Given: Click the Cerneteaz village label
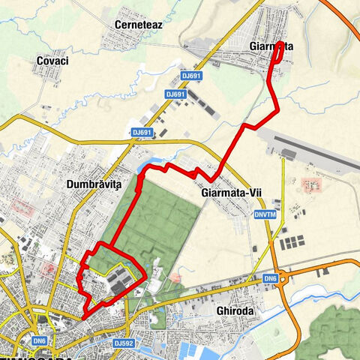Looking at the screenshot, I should point(139,25).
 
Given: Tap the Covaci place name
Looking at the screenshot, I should point(52,61).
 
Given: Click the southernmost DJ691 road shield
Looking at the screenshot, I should point(142,132).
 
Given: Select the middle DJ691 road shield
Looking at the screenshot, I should point(175,94).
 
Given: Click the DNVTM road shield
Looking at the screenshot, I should point(264,213).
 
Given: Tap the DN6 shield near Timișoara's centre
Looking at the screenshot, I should point(39,339).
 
